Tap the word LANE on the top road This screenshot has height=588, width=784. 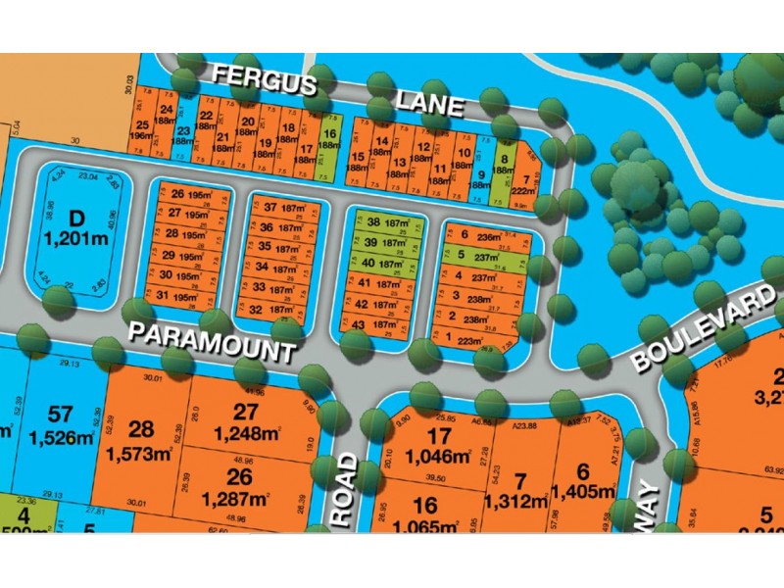429,102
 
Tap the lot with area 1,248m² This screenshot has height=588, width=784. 244,421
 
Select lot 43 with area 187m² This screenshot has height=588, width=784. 378,325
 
